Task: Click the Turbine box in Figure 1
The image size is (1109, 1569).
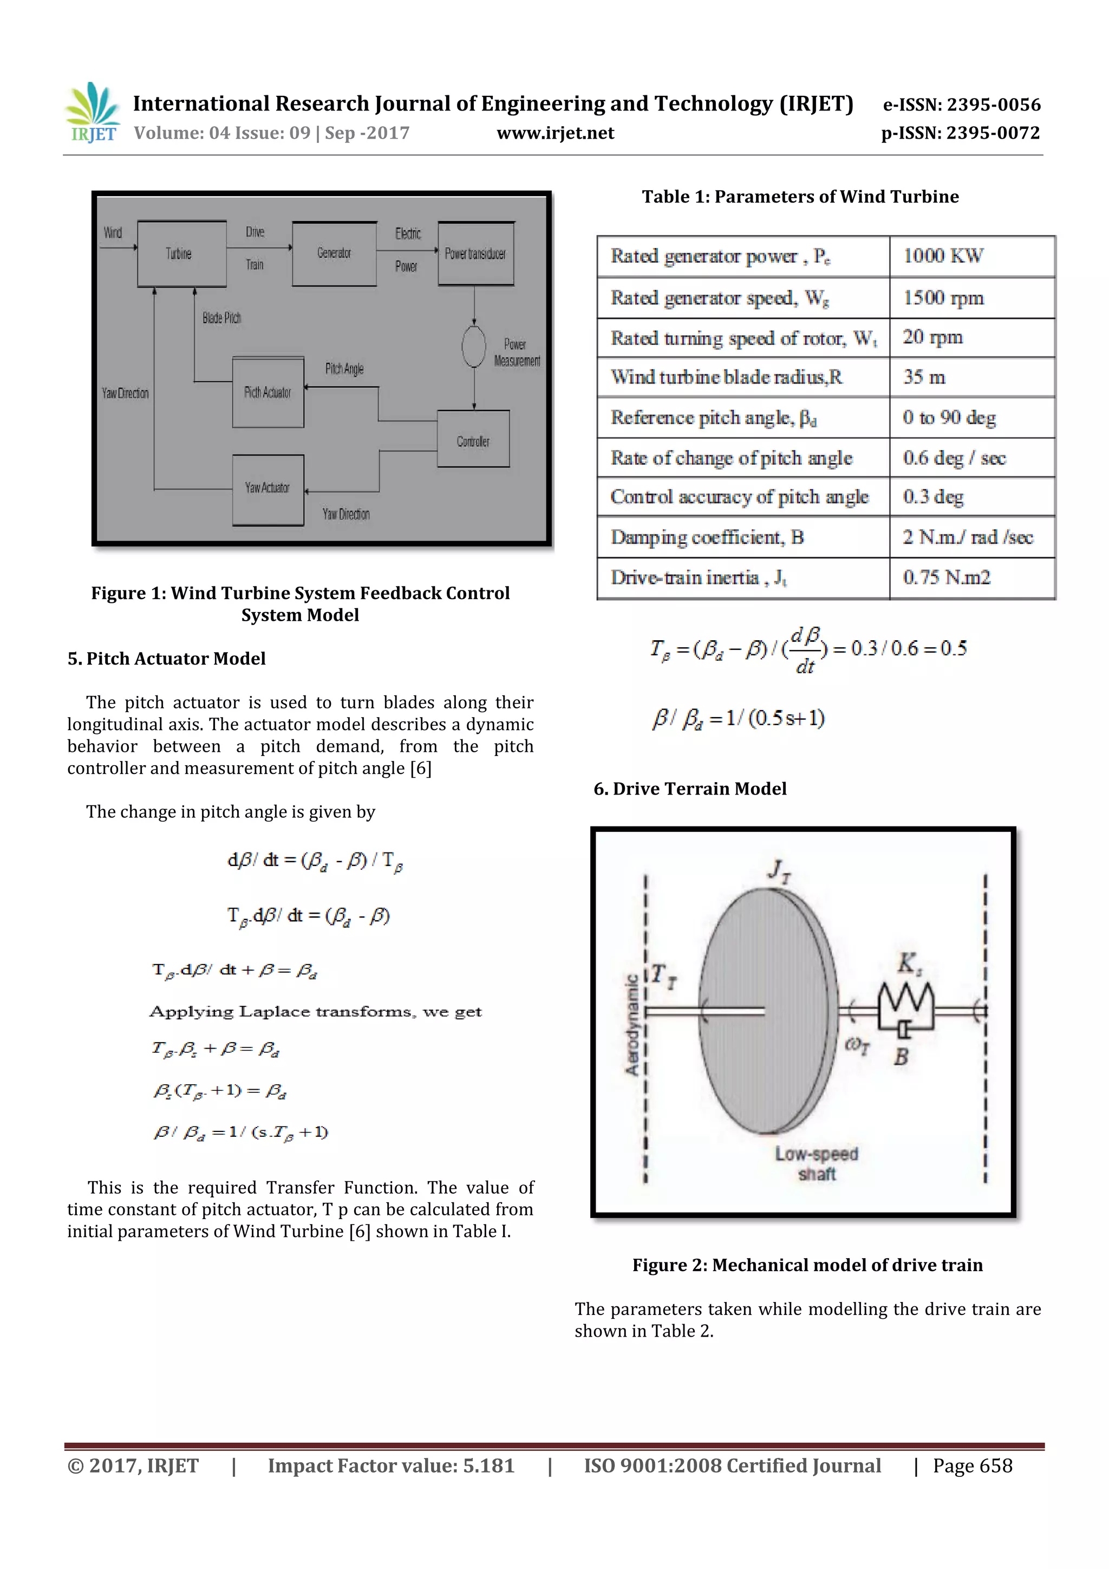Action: tap(181, 253)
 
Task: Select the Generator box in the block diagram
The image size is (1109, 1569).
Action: tap(334, 253)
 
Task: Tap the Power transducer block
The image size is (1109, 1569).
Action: tap(475, 253)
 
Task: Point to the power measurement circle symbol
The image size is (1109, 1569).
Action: tap(473, 347)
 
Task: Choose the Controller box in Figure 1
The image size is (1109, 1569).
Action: tap(473, 439)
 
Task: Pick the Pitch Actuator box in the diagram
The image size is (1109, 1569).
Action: tap(268, 393)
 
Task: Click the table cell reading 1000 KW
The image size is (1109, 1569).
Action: tap(943, 256)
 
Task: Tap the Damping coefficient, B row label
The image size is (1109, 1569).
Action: tap(707, 538)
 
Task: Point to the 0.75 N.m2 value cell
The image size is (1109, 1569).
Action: tap(947, 578)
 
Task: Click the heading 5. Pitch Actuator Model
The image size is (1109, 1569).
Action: tap(167, 659)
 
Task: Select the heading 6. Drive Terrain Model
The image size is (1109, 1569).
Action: tap(690, 789)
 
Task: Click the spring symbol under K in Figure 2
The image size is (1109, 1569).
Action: tap(905, 1000)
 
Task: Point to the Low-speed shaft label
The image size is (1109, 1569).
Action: tap(817, 1164)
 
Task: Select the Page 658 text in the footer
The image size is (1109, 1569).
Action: tap(973, 1465)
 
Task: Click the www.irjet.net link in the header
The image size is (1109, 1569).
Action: tap(556, 133)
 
